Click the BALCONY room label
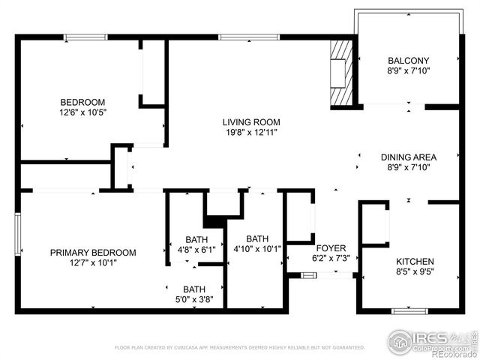(x=408, y=61)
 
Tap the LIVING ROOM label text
(x=251, y=122)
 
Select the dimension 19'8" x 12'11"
(x=251, y=133)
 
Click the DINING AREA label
(x=408, y=157)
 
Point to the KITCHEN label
(x=414, y=261)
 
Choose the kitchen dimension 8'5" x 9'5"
(x=414, y=271)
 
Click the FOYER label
(x=331, y=247)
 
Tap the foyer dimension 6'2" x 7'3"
(x=331, y=258)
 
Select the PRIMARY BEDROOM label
(x=93, y=253)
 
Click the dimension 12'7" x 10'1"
(x=93, y=262)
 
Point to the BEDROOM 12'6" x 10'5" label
(x=82, y=102)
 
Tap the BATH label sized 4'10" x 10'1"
(x=256, y=238)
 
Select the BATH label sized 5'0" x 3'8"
(x=194, y=289)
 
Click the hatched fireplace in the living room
(x=341, y=73)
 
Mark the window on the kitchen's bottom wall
(x=410, y=310)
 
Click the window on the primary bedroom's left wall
(x=18, y=234)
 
